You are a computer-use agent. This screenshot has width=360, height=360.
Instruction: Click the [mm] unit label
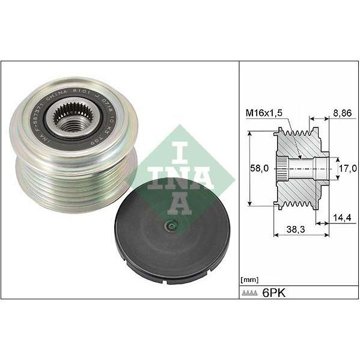point(248,280)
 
